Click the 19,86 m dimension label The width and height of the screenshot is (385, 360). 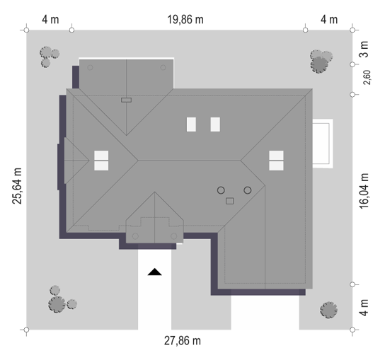point(185,20)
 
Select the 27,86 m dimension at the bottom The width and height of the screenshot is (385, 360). point(183,341)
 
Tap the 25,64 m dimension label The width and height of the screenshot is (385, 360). point(17,186)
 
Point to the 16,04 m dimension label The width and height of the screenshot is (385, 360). point(364,191)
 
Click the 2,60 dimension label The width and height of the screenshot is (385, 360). point(367,78)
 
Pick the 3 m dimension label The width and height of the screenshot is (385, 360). point(364,50)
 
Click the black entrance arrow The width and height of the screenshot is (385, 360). point(155,272)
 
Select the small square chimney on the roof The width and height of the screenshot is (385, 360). point(230,202)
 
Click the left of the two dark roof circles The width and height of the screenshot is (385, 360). point(221,190)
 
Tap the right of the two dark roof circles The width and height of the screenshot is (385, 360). point(248,190)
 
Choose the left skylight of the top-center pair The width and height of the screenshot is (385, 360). point(191,124)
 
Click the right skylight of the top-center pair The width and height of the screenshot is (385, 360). point(215,124)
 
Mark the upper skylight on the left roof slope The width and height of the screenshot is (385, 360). point(101,156)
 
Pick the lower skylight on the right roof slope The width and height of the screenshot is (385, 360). point(276,166)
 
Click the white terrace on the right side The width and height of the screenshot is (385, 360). point(323,144)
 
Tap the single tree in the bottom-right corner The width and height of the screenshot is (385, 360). point(329,310)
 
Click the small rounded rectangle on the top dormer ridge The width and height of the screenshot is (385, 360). point(126,100)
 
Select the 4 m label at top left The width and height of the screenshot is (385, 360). point(50,20)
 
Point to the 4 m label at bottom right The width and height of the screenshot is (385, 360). point(364,308)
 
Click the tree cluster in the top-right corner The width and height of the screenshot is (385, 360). point(321,62)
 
